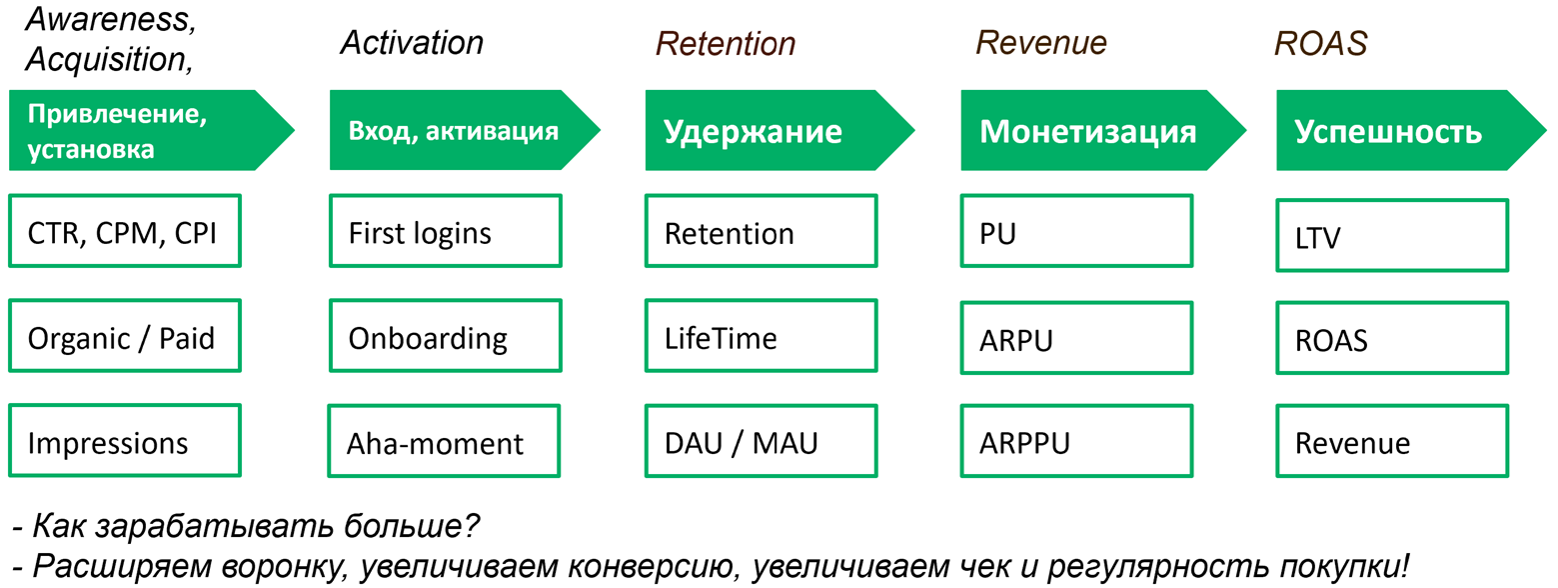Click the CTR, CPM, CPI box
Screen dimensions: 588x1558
tap(124, 233)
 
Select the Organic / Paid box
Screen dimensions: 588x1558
tap(124, 338)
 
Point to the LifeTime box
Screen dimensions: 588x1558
tap(760, 338)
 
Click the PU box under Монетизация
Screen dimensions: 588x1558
tap(1075, 233)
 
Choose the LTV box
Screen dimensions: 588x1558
tap(1391, 236)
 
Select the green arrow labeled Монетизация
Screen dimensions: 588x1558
tap(1089, 131)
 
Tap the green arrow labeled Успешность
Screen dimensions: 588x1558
tap(1399, 131)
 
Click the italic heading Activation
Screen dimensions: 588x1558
tap(411, 43)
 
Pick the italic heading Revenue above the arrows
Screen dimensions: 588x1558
tap(1040, 43)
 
